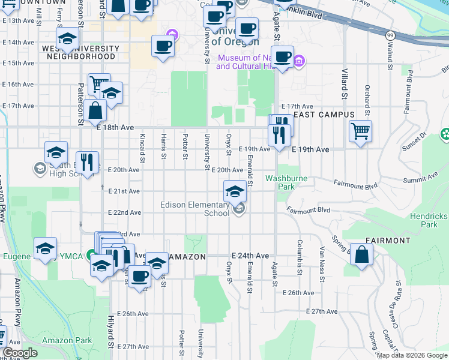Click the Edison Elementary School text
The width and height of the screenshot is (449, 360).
(x=194, y=209)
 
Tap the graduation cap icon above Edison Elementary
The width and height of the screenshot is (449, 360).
(x=235, y=191)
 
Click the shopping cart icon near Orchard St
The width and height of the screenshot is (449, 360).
(x=360, y=130)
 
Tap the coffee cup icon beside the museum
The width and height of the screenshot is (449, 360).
(x=283, y=58)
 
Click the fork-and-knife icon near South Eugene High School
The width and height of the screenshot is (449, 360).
(x=88, y=163)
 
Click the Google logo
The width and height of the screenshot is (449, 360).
(x=20, y=353)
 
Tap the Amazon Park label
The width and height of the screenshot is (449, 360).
(x=67, y=340)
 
